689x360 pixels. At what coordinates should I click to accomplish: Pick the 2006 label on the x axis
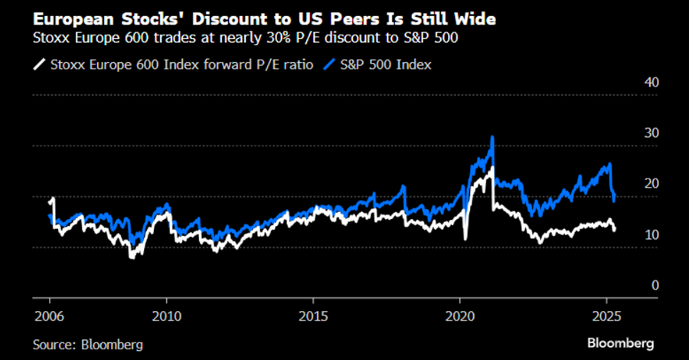pyautogui.click(x=51, y=316)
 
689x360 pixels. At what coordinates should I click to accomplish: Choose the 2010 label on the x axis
pyautogui.click(x=167, y=316)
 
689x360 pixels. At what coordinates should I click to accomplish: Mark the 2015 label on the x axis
pyautogui.click(x=313, y=316)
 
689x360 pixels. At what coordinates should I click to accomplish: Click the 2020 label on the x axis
pyautogui.click(x=460, y=316)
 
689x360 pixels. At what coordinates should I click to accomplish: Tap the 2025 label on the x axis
pyautogui.click(x=606, y=316)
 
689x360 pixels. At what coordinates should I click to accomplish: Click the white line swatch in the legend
pyautogui.click(x=40, y=65)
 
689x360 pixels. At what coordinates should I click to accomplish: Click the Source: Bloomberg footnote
pyautogui.click(x=88, y=344)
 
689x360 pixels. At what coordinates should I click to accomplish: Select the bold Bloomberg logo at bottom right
pyautogui.click(x=620, y=341)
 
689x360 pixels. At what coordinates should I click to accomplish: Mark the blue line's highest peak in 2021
pyautogui.click(x=492, y=138)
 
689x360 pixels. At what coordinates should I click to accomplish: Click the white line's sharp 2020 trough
pyautogui.click(x=466, y=239)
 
